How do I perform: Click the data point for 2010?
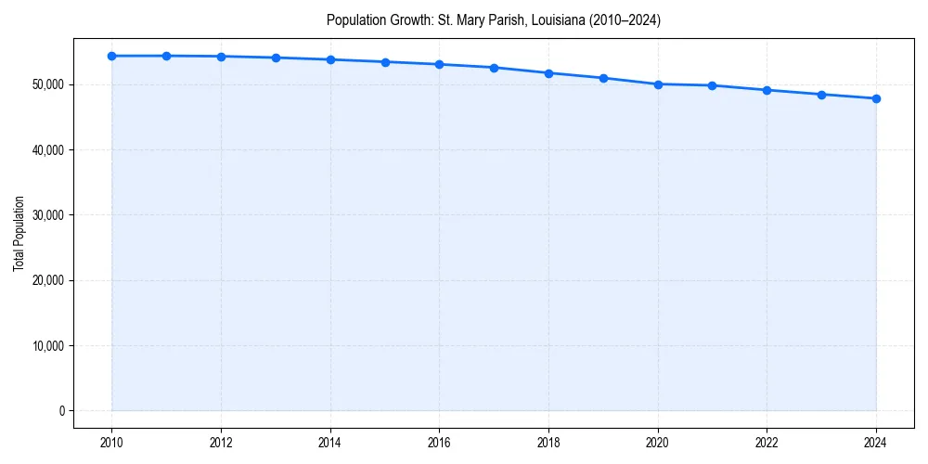[111, 56]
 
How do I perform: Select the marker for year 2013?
[276, 58]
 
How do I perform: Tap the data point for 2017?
[494, 68]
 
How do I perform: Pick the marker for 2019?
[603, 78]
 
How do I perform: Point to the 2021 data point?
[712, 85]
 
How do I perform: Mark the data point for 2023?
[821, 95]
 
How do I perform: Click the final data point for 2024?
[876, 98]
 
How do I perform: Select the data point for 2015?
[385, 62]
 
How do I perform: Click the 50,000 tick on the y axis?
[46, 84]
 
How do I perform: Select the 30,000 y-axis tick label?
[46, 215]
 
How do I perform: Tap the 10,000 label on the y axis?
[46, 346]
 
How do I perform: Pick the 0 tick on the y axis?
[60, 411]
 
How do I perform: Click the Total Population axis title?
[19, 233]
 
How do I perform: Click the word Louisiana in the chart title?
[541, 19]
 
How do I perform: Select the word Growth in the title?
[408, 19]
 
